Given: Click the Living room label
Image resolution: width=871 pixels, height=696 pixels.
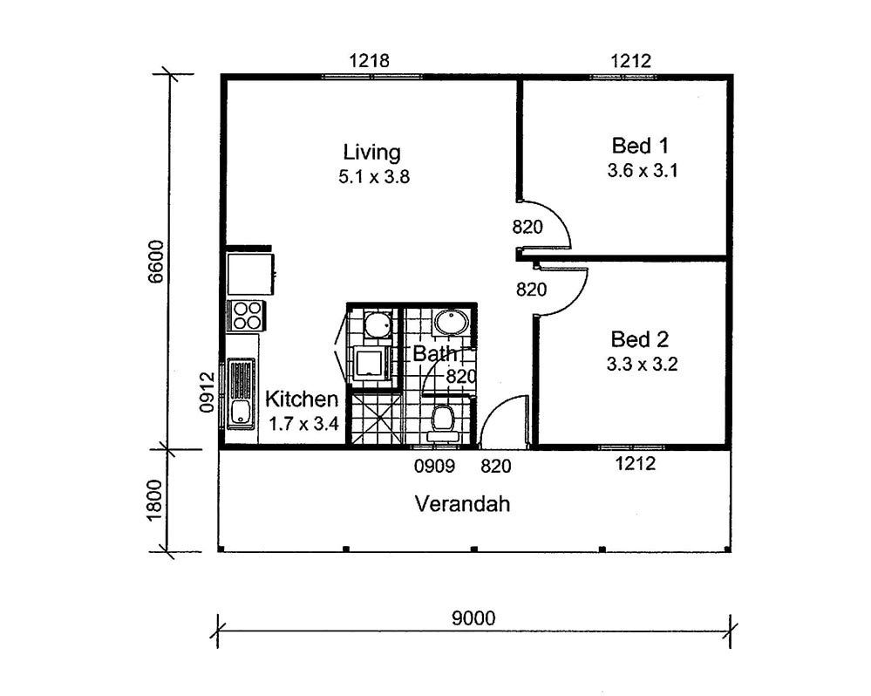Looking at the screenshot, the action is [371, 153].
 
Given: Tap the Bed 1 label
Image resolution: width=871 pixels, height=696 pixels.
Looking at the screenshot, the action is [640, 146].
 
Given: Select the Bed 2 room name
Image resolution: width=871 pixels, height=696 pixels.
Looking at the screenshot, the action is [640, 338].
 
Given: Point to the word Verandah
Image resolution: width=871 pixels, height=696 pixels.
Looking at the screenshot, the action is [463, 504].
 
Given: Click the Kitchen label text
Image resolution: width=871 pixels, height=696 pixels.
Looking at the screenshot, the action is [301, 399].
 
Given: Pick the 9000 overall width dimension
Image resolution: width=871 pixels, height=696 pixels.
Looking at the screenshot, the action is [473, 618].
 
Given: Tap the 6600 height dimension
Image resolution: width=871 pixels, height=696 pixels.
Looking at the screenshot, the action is [156, 261].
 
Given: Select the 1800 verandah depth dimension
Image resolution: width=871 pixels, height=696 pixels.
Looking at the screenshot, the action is [156, 500].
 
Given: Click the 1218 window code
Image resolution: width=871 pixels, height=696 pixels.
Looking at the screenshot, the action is [370, 60].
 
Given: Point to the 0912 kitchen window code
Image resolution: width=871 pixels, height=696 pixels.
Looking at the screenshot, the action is [207, 392].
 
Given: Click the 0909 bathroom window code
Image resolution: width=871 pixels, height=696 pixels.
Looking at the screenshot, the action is [434, 466].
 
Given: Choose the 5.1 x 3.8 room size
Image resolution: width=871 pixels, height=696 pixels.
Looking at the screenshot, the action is [374, 177].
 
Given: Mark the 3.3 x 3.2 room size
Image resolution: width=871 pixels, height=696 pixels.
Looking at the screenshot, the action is [643, 365].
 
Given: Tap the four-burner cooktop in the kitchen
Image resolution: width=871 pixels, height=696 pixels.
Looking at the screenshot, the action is [246, 316].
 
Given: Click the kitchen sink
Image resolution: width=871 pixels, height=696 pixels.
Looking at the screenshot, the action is [242, 394].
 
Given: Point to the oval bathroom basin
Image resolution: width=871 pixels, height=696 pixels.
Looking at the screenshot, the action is [452, 322].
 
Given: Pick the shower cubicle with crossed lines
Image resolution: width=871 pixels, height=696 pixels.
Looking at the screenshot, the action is [376, 419].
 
